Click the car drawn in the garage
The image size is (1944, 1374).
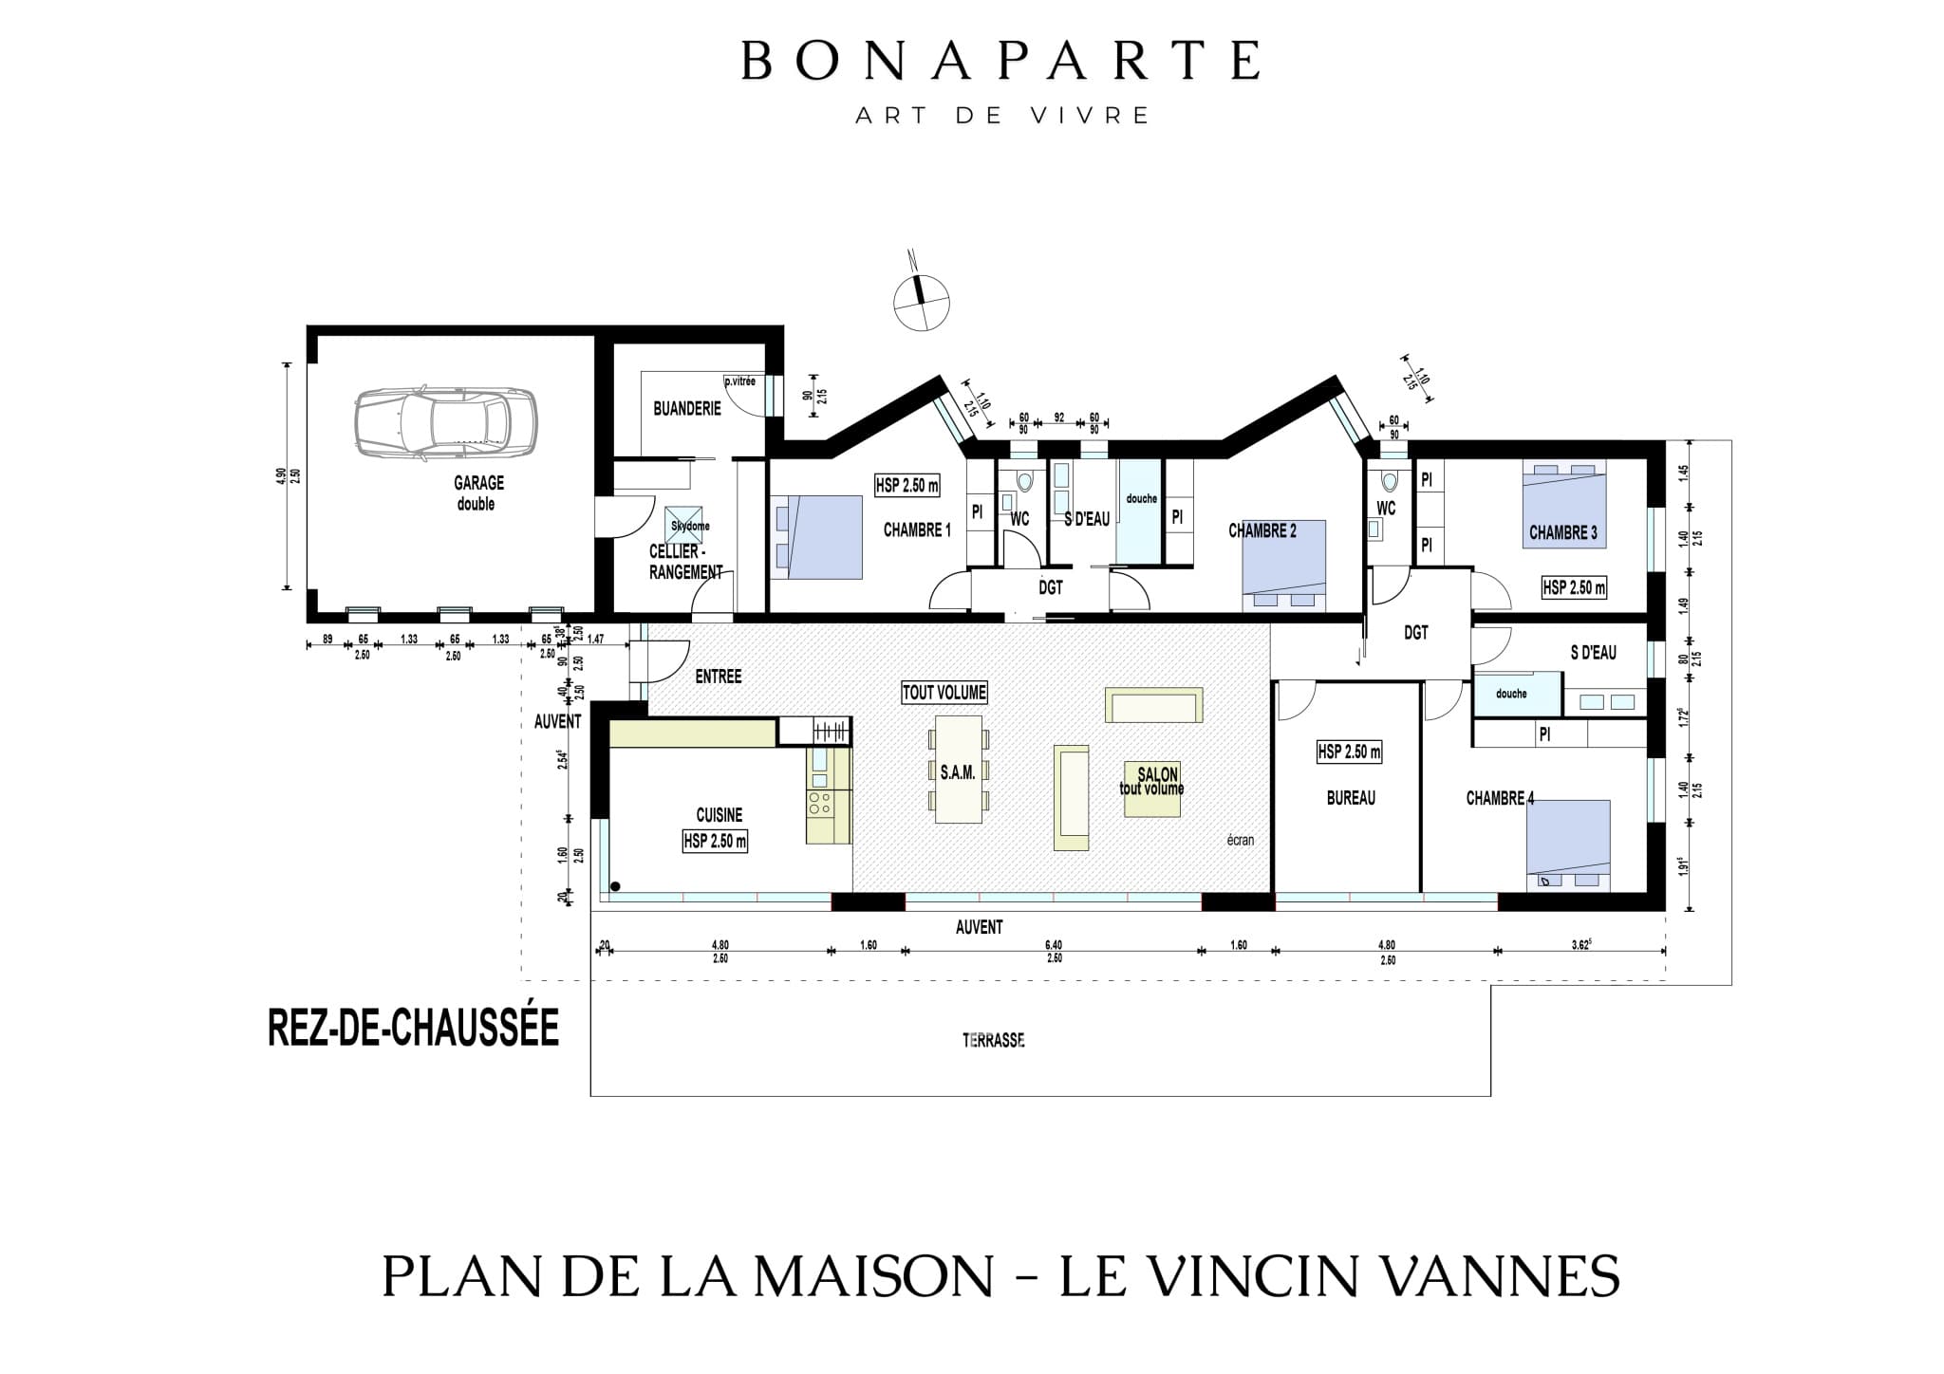[444, 424]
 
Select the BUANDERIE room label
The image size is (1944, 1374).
[686, 409]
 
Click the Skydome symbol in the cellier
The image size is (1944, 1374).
[684, 525]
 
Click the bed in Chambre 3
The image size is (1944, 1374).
[1563, 506]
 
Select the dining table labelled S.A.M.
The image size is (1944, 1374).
[958, 770]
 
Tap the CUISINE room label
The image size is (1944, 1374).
[719, 815]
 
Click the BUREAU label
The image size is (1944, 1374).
[1350, 799]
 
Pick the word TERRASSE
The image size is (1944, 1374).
[993, 1040]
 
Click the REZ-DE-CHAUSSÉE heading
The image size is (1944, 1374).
[413, 1029]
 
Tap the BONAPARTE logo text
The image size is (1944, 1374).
[1000, 61]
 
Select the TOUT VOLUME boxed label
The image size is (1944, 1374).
[944, 694]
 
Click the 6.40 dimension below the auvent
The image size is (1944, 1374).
[1053, 945]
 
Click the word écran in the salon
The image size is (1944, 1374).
[1240, 840]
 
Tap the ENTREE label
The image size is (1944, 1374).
[718, 677]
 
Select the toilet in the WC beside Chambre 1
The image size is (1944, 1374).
[1023, 481]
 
